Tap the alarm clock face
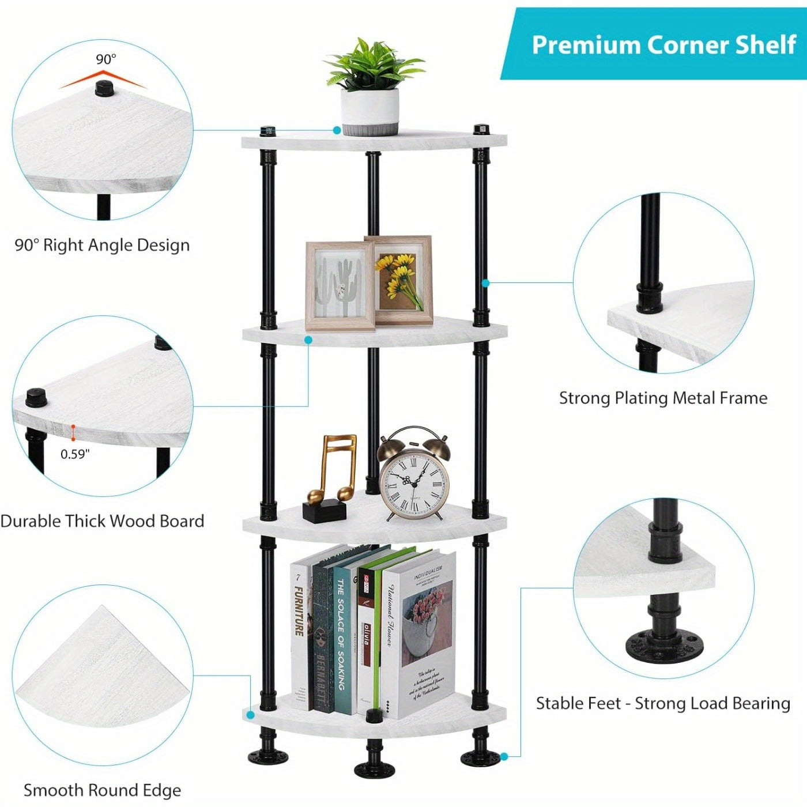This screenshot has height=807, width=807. pos(414,483)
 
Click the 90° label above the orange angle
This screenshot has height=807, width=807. pos(105,59)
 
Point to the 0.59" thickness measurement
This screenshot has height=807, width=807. pos(75,454)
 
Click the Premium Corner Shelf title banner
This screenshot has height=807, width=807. pos(663,45)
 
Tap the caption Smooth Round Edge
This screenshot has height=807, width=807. pos(102,790)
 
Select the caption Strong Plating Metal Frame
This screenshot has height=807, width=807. pos(663,398)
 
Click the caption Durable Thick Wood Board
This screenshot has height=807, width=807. pos(103,521)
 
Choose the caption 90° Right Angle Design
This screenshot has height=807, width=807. pos(102,245)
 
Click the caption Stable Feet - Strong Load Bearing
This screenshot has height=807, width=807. pos(663,703)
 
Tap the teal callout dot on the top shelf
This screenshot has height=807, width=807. pos(337,131)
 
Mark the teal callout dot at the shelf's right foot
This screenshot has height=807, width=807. pos(504,756)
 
